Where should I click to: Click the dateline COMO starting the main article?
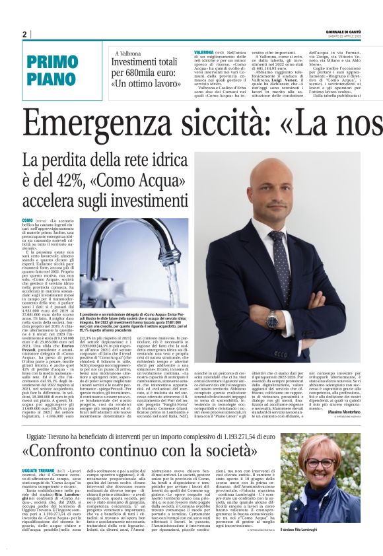27,219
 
